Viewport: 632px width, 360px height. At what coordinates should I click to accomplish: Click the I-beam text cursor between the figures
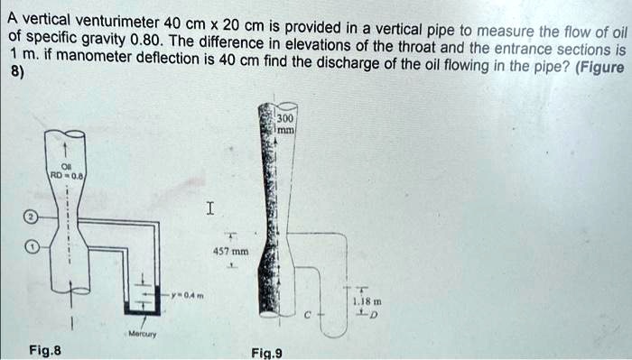tap(209, 209)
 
